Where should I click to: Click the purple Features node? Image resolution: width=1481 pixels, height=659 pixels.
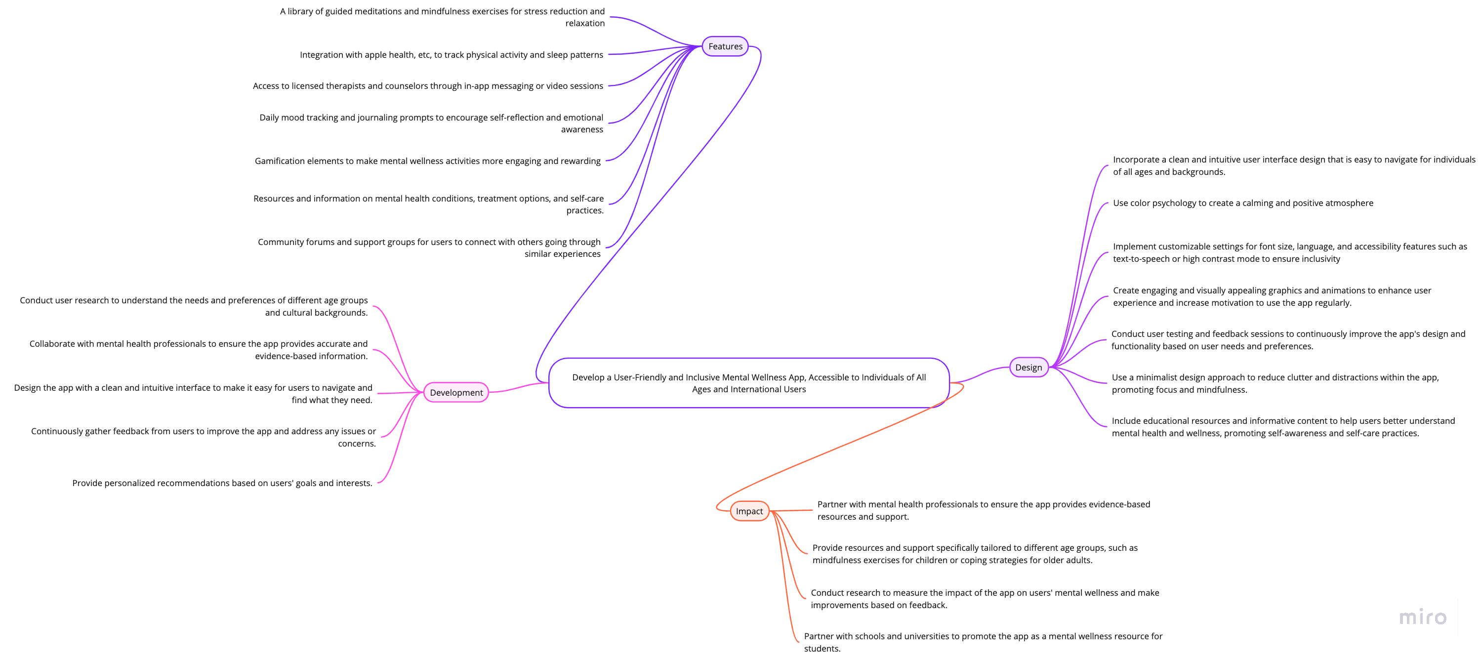725,46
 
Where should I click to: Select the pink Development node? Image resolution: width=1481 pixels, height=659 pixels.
456,393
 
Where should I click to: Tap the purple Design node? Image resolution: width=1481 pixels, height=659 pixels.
1028,368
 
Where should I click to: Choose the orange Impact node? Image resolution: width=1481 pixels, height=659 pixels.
749,511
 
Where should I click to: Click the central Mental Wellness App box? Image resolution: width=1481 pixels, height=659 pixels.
748,383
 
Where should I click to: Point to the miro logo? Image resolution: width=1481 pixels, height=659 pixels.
1422,617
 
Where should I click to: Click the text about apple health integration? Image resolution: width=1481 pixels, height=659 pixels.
452,55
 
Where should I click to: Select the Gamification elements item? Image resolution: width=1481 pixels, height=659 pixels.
428,161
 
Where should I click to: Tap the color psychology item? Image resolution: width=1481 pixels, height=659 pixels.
1242,203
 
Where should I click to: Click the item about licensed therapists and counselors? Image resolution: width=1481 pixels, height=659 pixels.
428,85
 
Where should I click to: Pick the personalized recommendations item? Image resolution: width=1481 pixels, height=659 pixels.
222,483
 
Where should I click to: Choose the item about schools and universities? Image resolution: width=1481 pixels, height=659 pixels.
983,642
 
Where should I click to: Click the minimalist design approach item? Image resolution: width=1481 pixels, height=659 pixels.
1275,383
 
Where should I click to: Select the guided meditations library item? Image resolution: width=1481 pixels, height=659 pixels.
442,17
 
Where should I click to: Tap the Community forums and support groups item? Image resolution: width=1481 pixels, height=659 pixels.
429,248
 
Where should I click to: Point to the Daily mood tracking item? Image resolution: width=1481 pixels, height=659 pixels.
431,123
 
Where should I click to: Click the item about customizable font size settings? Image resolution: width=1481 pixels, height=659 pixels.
1289,252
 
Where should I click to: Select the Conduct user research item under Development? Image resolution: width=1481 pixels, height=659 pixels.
194,306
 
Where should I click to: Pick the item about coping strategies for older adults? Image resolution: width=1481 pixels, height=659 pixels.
975,554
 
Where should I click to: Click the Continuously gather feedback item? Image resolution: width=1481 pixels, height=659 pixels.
204,437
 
